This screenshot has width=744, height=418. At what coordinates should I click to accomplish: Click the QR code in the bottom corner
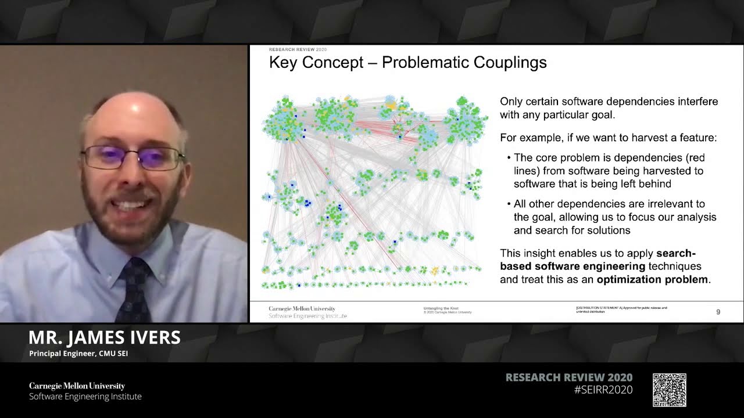coord(669,390)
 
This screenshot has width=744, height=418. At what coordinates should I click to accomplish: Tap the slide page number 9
coord(718,312)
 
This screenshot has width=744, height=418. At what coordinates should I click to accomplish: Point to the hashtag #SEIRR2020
coord(603,390)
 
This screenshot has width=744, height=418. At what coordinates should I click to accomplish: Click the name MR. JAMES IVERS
coord(105,337)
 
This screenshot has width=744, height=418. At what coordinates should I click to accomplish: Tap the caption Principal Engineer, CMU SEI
coord(78,354)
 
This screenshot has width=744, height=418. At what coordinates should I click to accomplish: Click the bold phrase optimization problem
coord(652,279)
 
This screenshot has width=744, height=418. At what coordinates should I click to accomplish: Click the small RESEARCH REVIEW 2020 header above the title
coord(298,50)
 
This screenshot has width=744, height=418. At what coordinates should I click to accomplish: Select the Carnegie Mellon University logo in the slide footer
coord(302,309)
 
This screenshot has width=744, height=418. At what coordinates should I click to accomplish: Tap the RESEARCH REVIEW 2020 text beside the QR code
coord(569,377)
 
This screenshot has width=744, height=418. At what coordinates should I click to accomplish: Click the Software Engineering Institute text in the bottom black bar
coord(85,397)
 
